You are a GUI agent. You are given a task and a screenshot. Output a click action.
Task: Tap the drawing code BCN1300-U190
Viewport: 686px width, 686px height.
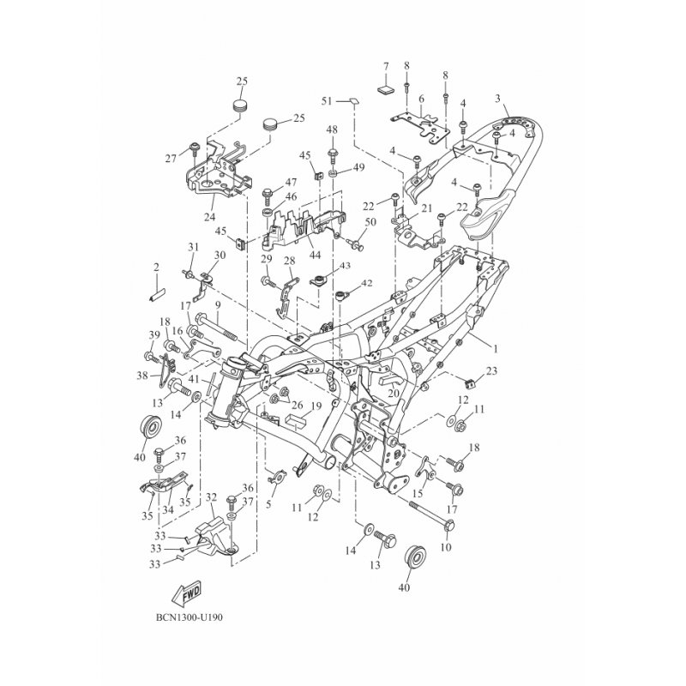click(189, 618)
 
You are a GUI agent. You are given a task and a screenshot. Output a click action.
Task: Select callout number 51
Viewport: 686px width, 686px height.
click(327, 101)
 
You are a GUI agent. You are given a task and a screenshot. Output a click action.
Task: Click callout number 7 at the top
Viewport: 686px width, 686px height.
click(385, 67)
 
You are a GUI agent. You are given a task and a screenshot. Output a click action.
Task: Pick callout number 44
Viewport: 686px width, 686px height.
click(315, 255)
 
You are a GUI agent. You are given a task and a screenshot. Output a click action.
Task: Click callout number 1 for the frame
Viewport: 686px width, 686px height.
click(496, 349)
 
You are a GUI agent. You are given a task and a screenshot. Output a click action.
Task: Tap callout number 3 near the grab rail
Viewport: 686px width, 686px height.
click(497, 99)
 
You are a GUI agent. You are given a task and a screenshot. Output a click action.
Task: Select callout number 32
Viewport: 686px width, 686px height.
click(211, 497)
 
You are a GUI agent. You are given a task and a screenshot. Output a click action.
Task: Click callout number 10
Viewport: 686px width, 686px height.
click(446, 547)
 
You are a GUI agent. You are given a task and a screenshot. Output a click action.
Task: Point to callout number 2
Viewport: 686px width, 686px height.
click(156, 267)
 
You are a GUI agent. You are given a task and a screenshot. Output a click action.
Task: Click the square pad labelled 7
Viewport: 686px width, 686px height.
click(385, 89)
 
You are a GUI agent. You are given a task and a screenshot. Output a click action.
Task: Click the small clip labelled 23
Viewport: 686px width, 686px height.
click(469, 384)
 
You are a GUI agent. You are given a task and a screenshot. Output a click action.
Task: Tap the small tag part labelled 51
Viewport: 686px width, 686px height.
click(353, 101)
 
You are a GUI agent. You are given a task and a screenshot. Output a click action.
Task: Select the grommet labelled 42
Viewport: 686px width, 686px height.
click(340, 297)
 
